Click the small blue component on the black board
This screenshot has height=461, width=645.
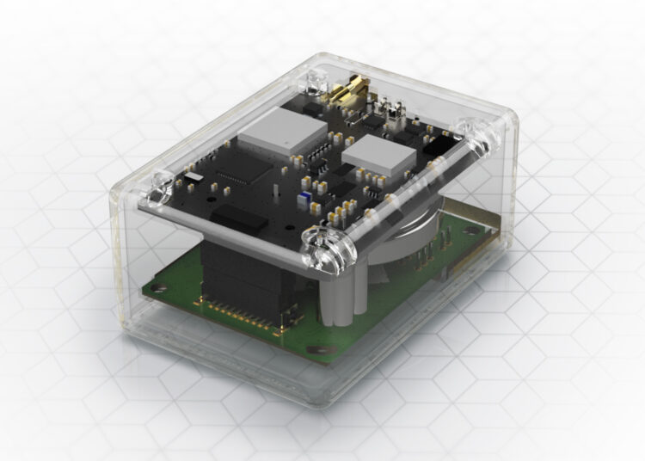point(303,199)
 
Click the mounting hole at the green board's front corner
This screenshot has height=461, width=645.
point(319,351)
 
